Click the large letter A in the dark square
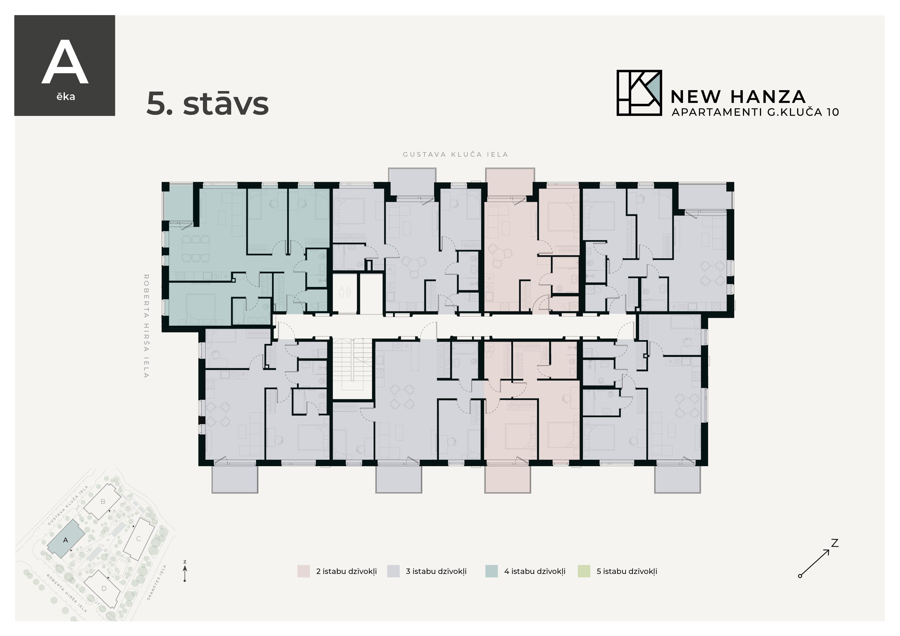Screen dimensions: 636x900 click(x=65, y=63)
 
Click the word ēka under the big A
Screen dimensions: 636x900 click(x=65, y=97)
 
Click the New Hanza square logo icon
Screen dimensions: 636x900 click(x=639, y=93)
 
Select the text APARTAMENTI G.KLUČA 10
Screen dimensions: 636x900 click(x=755, y=112)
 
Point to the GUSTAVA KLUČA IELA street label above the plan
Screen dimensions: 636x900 click(x=455, y=154)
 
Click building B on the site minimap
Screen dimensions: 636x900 click(x=103, y=502)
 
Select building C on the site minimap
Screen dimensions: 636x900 click(x=138, y=539)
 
